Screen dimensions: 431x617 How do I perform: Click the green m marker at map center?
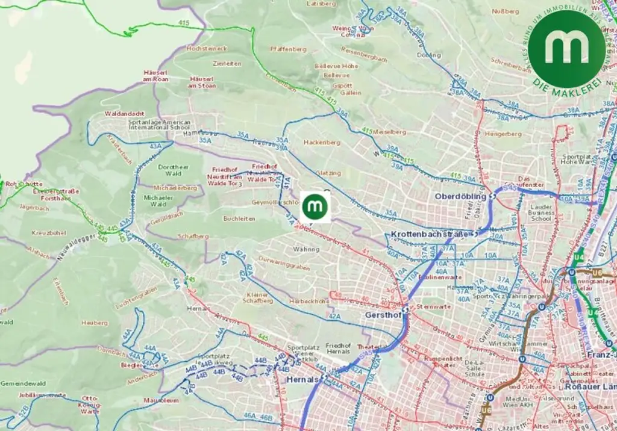[x=315, y=207]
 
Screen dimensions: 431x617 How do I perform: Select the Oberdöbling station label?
[x=460, y=196]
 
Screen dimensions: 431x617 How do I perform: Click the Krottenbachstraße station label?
[x=429, y=234]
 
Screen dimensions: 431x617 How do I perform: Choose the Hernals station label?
[x=302, y=380]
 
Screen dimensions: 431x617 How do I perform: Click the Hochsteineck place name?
[x=207, y=48]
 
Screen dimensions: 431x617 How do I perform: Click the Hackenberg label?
[x=322, y=143]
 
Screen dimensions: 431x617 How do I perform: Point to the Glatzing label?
[x=328, y=173]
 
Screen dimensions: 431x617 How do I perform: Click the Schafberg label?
[x=193, y=237]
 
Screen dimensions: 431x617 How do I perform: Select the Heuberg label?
[x=94, y=323]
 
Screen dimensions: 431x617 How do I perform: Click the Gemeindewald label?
[x=23, y=383]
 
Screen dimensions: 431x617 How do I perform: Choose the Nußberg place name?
[x=505, y=11]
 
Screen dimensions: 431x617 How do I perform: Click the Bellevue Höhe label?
[x=337, y=66]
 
